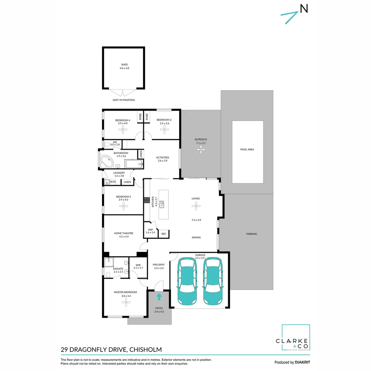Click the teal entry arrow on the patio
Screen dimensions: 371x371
point(159,296)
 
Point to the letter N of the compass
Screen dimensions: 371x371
point(304,9)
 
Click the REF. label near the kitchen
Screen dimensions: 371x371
point(164,234)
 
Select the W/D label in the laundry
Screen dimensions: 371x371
point(113,182)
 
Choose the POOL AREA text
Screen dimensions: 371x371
point(247,149)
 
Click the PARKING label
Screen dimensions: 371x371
point(251,234)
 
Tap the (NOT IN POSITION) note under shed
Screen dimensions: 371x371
point(123,100)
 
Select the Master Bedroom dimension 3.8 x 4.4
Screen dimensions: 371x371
point(125,296)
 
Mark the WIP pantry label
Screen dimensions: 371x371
point(150,229)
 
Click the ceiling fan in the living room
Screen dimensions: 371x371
point(196,206)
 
